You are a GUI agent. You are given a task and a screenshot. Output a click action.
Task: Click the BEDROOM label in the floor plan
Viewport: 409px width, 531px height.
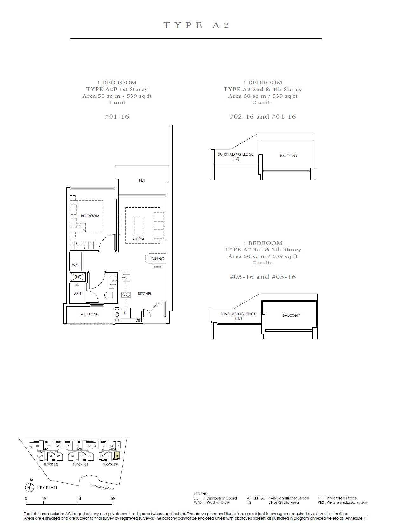(x=90, y=216)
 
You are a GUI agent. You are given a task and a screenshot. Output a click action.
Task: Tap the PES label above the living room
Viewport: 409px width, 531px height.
(x=142, y=180)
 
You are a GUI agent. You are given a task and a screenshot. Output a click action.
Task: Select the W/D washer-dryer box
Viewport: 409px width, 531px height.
(x=76, y=265)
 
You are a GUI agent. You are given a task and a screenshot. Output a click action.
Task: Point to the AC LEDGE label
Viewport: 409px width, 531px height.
(x=90, y=314)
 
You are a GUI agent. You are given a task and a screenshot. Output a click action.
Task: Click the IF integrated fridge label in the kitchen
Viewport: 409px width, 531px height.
(x=125, y=313)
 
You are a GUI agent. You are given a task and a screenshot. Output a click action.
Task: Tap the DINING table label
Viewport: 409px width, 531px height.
(x=158, y=259)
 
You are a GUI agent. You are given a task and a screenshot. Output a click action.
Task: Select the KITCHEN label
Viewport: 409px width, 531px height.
(x=145, y=294)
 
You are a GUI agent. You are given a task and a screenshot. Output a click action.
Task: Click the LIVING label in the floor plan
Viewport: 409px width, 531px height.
(x=138, y=238)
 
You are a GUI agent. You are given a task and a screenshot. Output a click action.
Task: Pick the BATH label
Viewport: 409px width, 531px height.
(x=78, y=293)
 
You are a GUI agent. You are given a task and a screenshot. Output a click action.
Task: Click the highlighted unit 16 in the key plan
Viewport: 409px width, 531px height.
(x=117, y=456)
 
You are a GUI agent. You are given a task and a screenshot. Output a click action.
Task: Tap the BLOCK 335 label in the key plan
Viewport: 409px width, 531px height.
(x=80, y=464)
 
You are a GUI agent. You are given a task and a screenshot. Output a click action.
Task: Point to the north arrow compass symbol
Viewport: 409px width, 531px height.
(x=30, y=487)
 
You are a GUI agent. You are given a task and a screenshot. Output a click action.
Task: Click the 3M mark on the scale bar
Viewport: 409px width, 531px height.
(x=79, y=498)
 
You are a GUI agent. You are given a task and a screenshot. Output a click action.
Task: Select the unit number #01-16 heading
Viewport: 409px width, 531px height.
(x=117, y=116)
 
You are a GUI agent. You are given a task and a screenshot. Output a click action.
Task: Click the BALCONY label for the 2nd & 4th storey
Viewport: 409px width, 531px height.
(x=289, y=156)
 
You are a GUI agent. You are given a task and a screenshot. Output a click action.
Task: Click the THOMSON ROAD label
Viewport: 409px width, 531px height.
(x=102, y=487)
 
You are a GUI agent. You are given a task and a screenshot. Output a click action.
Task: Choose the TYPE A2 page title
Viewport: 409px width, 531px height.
(x=196, y=25)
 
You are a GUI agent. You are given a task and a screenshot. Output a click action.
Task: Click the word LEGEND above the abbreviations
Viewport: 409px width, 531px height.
(x=201, y=494)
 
